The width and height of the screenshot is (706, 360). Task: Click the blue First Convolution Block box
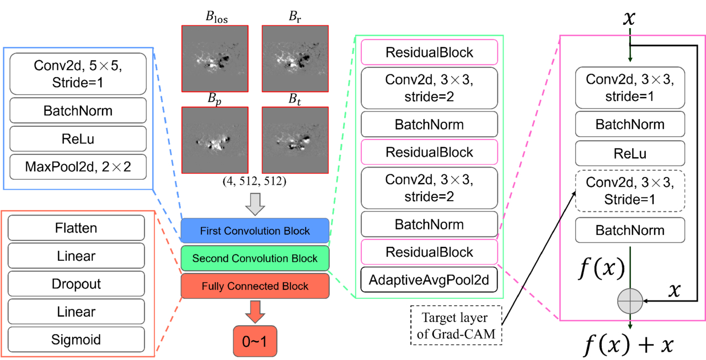pyautogui.click(x=255, y=230)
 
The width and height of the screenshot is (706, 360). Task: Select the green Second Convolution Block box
pyautogui.click(x=255, y=258)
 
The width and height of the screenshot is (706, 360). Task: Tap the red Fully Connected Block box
pyautogui.click(x=255, y=286)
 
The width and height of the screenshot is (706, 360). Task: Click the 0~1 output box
pyautogui.click(x=255, y=341)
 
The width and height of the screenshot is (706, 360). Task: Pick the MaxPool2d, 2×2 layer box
pyautogui.click(x=78, y=166)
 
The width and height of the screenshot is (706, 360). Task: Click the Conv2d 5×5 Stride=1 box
pyautogui.click(x=78, y=74)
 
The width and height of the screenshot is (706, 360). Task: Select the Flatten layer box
pyautogui.click(x=76, y=228)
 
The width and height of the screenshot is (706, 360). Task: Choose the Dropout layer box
pyautogui.click(x=76, y=283)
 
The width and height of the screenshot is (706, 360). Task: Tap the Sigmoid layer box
pyautogui.click(x=76, y=339)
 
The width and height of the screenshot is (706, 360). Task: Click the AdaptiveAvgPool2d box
pyautogui.click(x=429, y=280)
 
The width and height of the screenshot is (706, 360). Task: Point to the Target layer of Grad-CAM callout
pyautogui.click(x=456, y=325)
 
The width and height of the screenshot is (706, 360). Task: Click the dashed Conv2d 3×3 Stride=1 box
pyautogui.click(x=630, y=191)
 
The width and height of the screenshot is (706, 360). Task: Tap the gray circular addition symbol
pyautogui.click(x=630, y=301)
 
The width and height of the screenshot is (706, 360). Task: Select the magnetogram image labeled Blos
pyautogui.click(x=215, y=58)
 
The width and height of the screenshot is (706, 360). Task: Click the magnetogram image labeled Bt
pyautogui.click(x=295, y=140)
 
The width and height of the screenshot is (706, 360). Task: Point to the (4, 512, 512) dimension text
pyautogui.click(x=255, y=181)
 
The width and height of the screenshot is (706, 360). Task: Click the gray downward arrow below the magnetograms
pyautogui.click(x=255, y=204)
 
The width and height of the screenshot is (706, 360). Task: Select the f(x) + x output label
pyautogui.click(x=629, y=345)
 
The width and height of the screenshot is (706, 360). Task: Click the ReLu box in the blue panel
pyautogui.click(x=78, y=138)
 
